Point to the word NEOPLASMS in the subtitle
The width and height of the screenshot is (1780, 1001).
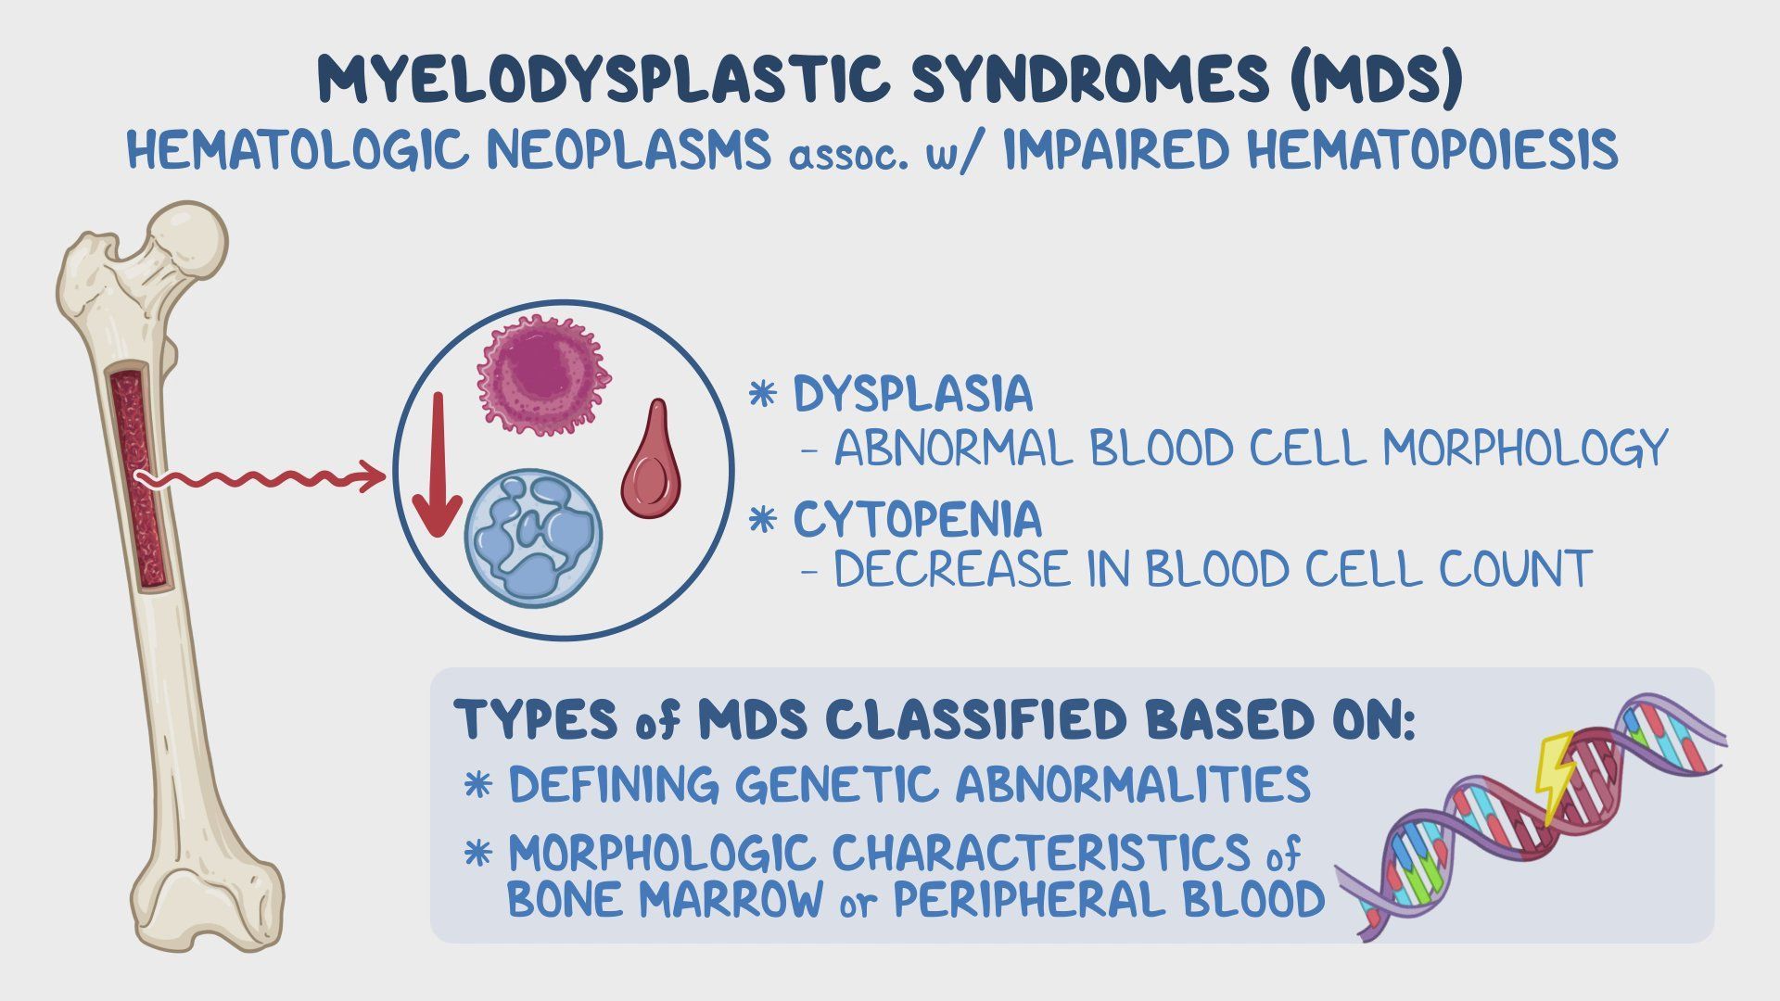tap(629, 149)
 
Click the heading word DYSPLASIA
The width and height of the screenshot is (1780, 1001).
tap(913, 394)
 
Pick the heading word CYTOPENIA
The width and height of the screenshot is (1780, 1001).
tap(918, 520)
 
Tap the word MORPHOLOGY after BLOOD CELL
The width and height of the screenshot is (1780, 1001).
tap(1525, 449)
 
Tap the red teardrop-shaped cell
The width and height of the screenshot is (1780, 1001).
tap(651, 461)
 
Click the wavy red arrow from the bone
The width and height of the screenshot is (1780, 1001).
tap(261, 478)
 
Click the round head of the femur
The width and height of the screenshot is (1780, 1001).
tap(188, 239)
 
